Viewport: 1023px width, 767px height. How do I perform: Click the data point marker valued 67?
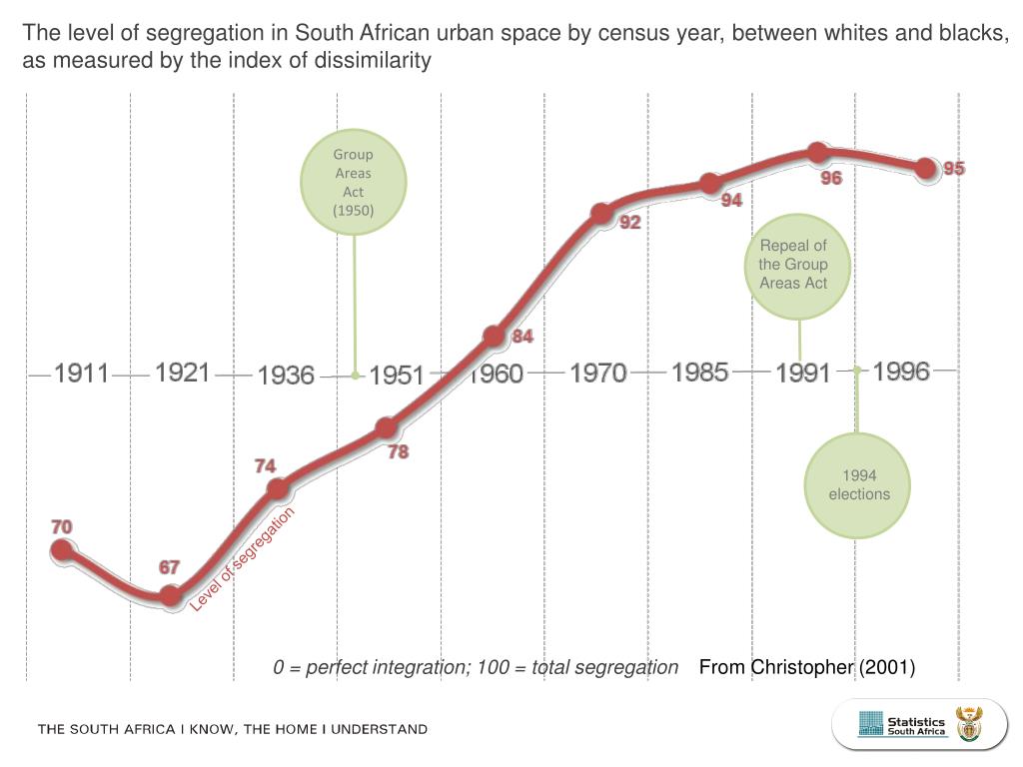tap(172, 596)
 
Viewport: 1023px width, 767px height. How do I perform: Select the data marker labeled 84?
tap(494, 336)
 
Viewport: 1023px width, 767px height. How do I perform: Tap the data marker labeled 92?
tap(601, 214)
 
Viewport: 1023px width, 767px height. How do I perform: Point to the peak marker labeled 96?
tap(817, 153)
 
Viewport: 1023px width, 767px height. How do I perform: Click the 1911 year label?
tap(81, 374)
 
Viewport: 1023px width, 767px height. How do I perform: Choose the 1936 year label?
tap(286, 376)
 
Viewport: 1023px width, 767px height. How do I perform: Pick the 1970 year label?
tap(597, 374)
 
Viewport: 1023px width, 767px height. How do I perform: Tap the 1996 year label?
tap(901, 372)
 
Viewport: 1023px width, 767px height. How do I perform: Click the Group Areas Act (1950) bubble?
tap(354, 182)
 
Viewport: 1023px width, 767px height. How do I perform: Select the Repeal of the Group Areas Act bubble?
tap(793, 265)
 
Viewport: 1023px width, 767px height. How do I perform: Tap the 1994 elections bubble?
tap(858, 485)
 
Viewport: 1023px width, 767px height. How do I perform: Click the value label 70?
tap(62, 526)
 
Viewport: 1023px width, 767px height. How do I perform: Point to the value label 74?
tap(265, 466)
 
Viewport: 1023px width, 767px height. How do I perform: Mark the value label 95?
tap(954, 169)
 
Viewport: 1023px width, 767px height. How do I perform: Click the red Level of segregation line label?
tap(243, 560)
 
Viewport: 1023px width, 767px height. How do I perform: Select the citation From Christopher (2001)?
tap(807, 667)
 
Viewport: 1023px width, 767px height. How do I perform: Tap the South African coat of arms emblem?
tap(969, 724)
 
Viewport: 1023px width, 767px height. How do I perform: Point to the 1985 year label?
tap(699, 373)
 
